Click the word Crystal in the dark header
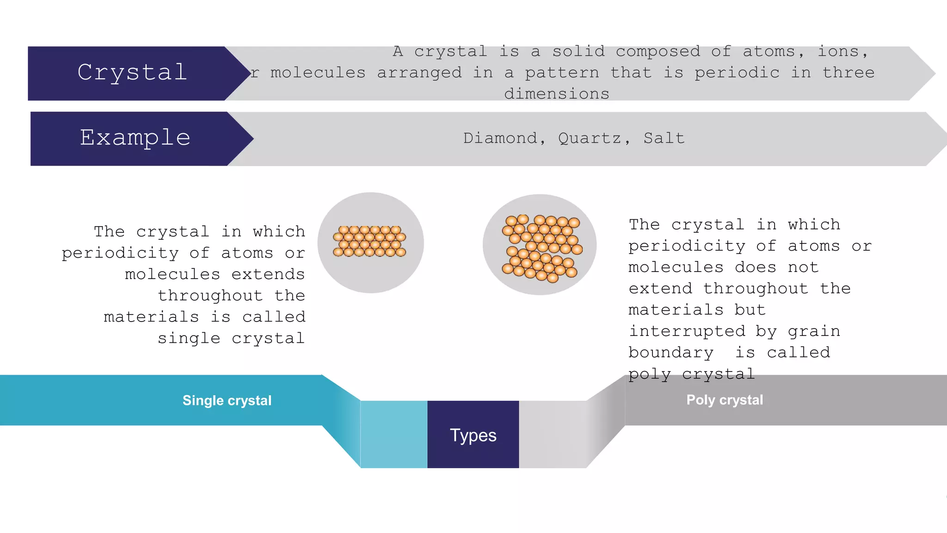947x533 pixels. [x=132, y=73]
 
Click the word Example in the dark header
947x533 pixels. [x=135, y=138]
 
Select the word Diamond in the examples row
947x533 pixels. [x=500, y=138]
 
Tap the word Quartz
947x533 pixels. [x=590, y=138]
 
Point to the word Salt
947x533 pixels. [x=664, y=138]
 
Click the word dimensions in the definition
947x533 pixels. [x=557, y=94]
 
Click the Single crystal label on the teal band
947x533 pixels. [x=227, y=400]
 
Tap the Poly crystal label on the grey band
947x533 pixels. [x=725, y=400]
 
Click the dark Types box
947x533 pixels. [x=473, y=434]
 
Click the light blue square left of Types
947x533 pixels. [x=394, y=434]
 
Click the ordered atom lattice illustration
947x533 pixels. [x=369, y=242]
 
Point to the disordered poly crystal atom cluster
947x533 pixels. [x=541, y=248]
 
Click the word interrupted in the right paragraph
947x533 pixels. [x=687, y=331]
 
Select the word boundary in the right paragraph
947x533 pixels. [x=670, y=353]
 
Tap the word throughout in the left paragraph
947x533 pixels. [x=210, y=296]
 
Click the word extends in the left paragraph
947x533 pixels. [x=268, y=274]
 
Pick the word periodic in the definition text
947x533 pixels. [x=737, y=73]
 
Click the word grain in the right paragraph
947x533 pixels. [x=814, y=331]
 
